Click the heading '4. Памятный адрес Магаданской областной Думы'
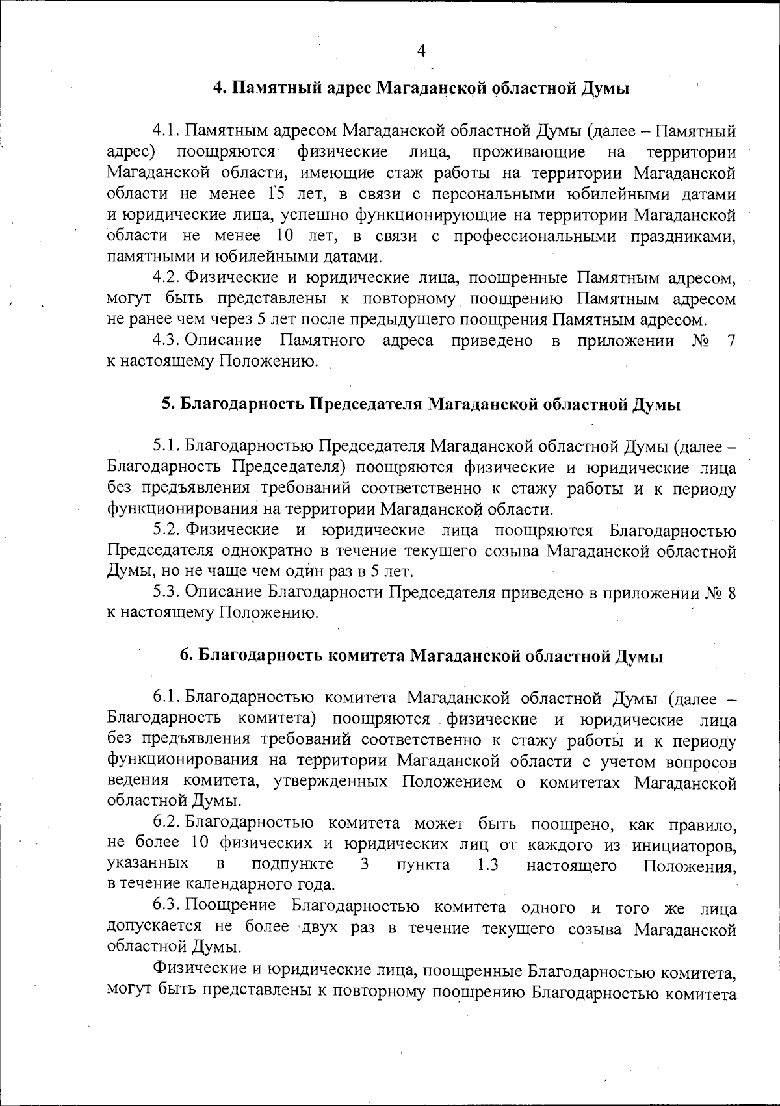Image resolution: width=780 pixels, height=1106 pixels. pos(421,88)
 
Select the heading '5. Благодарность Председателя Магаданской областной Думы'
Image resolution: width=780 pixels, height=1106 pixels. pos(421,404)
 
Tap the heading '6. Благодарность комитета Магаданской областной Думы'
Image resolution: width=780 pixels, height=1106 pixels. pos(421,656)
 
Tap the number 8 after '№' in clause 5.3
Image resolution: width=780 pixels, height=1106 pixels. pos(731,593)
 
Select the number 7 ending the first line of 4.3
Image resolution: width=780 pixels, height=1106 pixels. pos(731,341)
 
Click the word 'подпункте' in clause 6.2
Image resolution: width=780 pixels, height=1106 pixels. pos(293,865)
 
